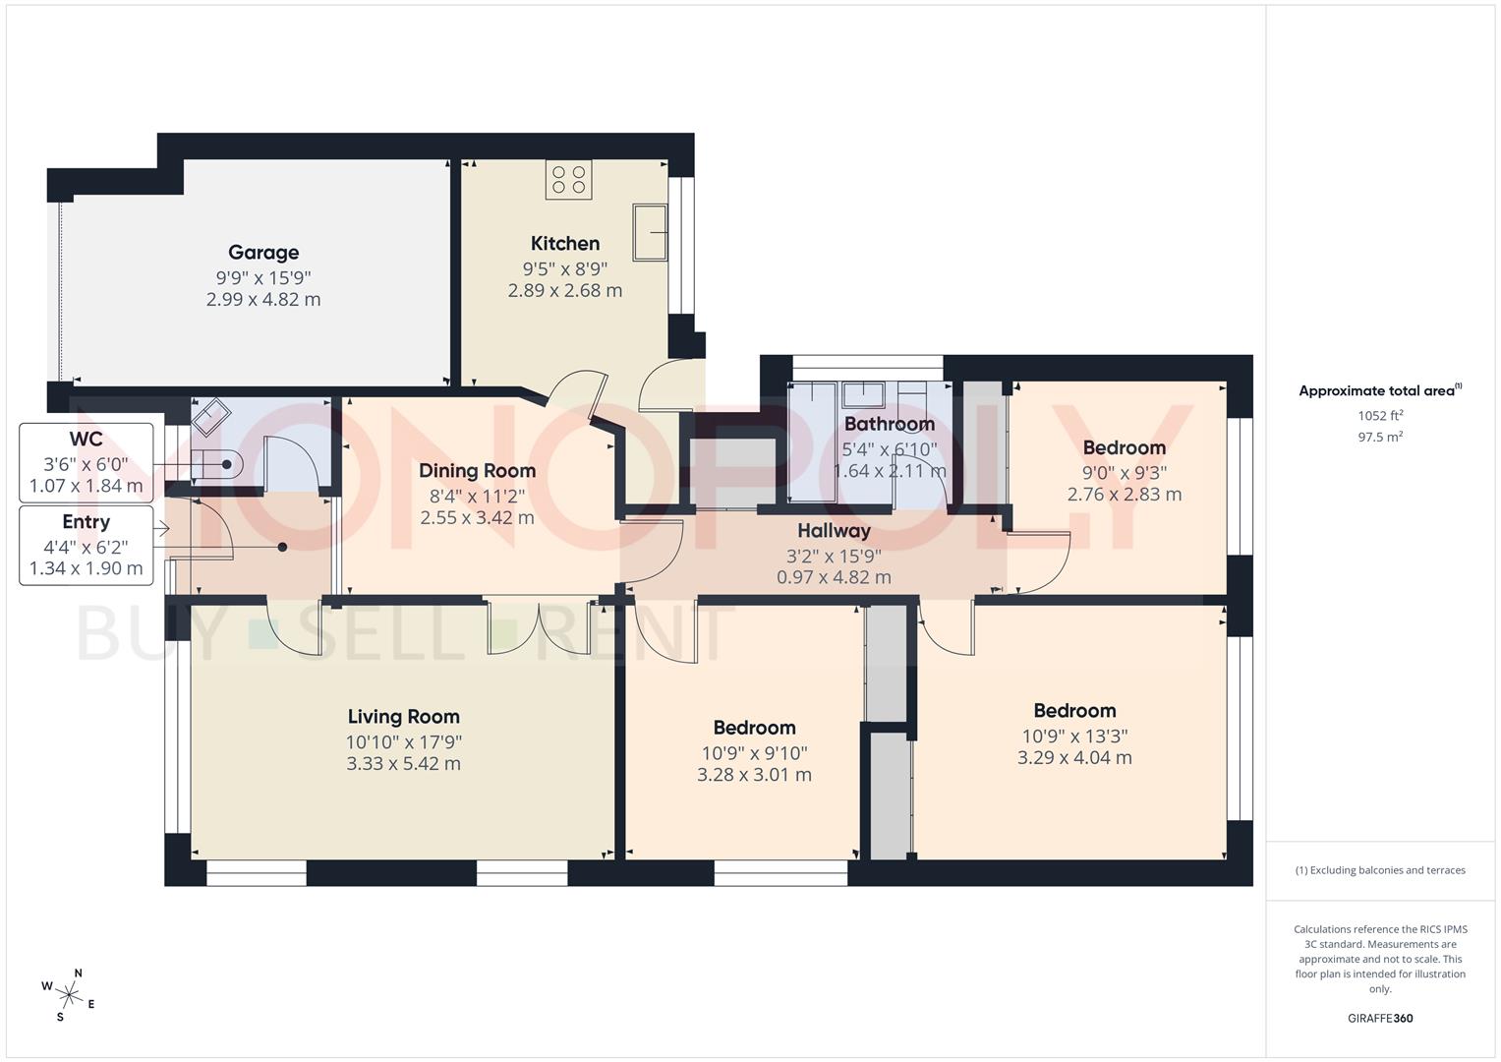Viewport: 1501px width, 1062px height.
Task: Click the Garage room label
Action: pos(263,252)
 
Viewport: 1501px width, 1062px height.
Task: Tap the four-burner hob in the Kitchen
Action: pos(569,180)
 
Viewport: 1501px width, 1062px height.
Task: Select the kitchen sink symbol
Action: pos(650,232)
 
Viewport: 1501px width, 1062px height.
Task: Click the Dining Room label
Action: pos(477,471)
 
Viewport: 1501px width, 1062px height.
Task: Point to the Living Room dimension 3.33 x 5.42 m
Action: pos(403,764)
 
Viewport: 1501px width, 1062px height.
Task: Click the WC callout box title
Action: pos(86,440)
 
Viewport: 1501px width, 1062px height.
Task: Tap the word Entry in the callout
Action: pos(86,521)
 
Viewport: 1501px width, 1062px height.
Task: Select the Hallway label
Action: pos(834,530)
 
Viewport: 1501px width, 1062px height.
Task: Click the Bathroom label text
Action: pos(890,424)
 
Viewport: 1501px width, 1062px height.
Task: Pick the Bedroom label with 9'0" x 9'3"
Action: pos(1125,447)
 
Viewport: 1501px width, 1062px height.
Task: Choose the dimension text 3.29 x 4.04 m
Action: pos(1074,757)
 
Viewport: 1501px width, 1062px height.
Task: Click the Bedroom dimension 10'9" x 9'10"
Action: pos(755,753)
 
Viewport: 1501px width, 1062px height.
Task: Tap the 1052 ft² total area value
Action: pos(1380,416)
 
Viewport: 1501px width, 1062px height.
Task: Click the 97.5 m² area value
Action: pos(1380,438)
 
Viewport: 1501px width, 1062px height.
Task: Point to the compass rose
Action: pos(69,995)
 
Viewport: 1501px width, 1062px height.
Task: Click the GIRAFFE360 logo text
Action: pos(1380,1019)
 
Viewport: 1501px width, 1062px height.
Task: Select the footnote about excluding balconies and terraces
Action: pos(1380,870)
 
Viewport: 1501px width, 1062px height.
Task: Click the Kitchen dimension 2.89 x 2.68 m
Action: pos(565,290)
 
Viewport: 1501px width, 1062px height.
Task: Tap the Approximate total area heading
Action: pos(1380,391)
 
